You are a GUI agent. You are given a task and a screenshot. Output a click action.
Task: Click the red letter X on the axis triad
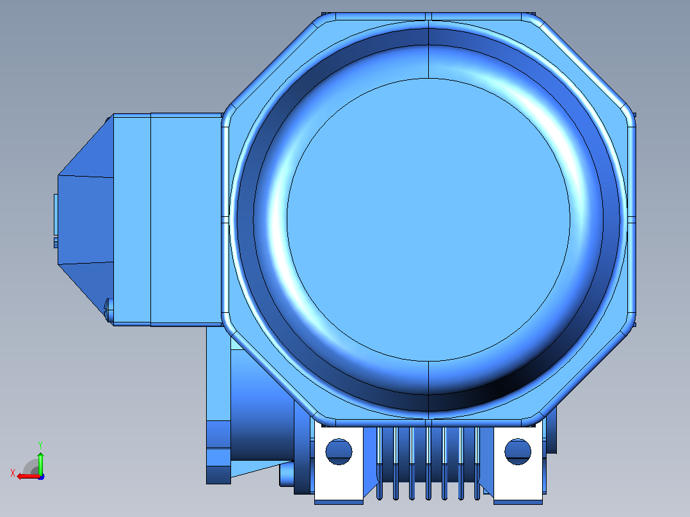tap(12, 473)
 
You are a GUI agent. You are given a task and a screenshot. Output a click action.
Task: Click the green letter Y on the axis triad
tap(40, 445)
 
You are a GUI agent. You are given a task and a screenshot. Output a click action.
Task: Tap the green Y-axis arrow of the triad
tap(40, 463)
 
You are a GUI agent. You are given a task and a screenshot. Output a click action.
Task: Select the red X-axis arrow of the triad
tap(29, 477)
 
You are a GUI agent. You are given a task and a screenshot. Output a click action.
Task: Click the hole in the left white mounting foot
tap(339, 452)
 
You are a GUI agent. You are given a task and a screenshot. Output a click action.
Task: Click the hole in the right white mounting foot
tap(518, 452)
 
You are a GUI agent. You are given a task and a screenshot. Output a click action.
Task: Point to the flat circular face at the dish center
tap(429, 219)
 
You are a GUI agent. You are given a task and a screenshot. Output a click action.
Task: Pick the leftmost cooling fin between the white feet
tap(380, 463)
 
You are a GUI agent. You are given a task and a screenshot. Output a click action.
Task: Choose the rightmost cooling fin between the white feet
tap(477, 463)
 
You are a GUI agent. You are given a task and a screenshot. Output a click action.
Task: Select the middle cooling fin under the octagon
tap(428, 463)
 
